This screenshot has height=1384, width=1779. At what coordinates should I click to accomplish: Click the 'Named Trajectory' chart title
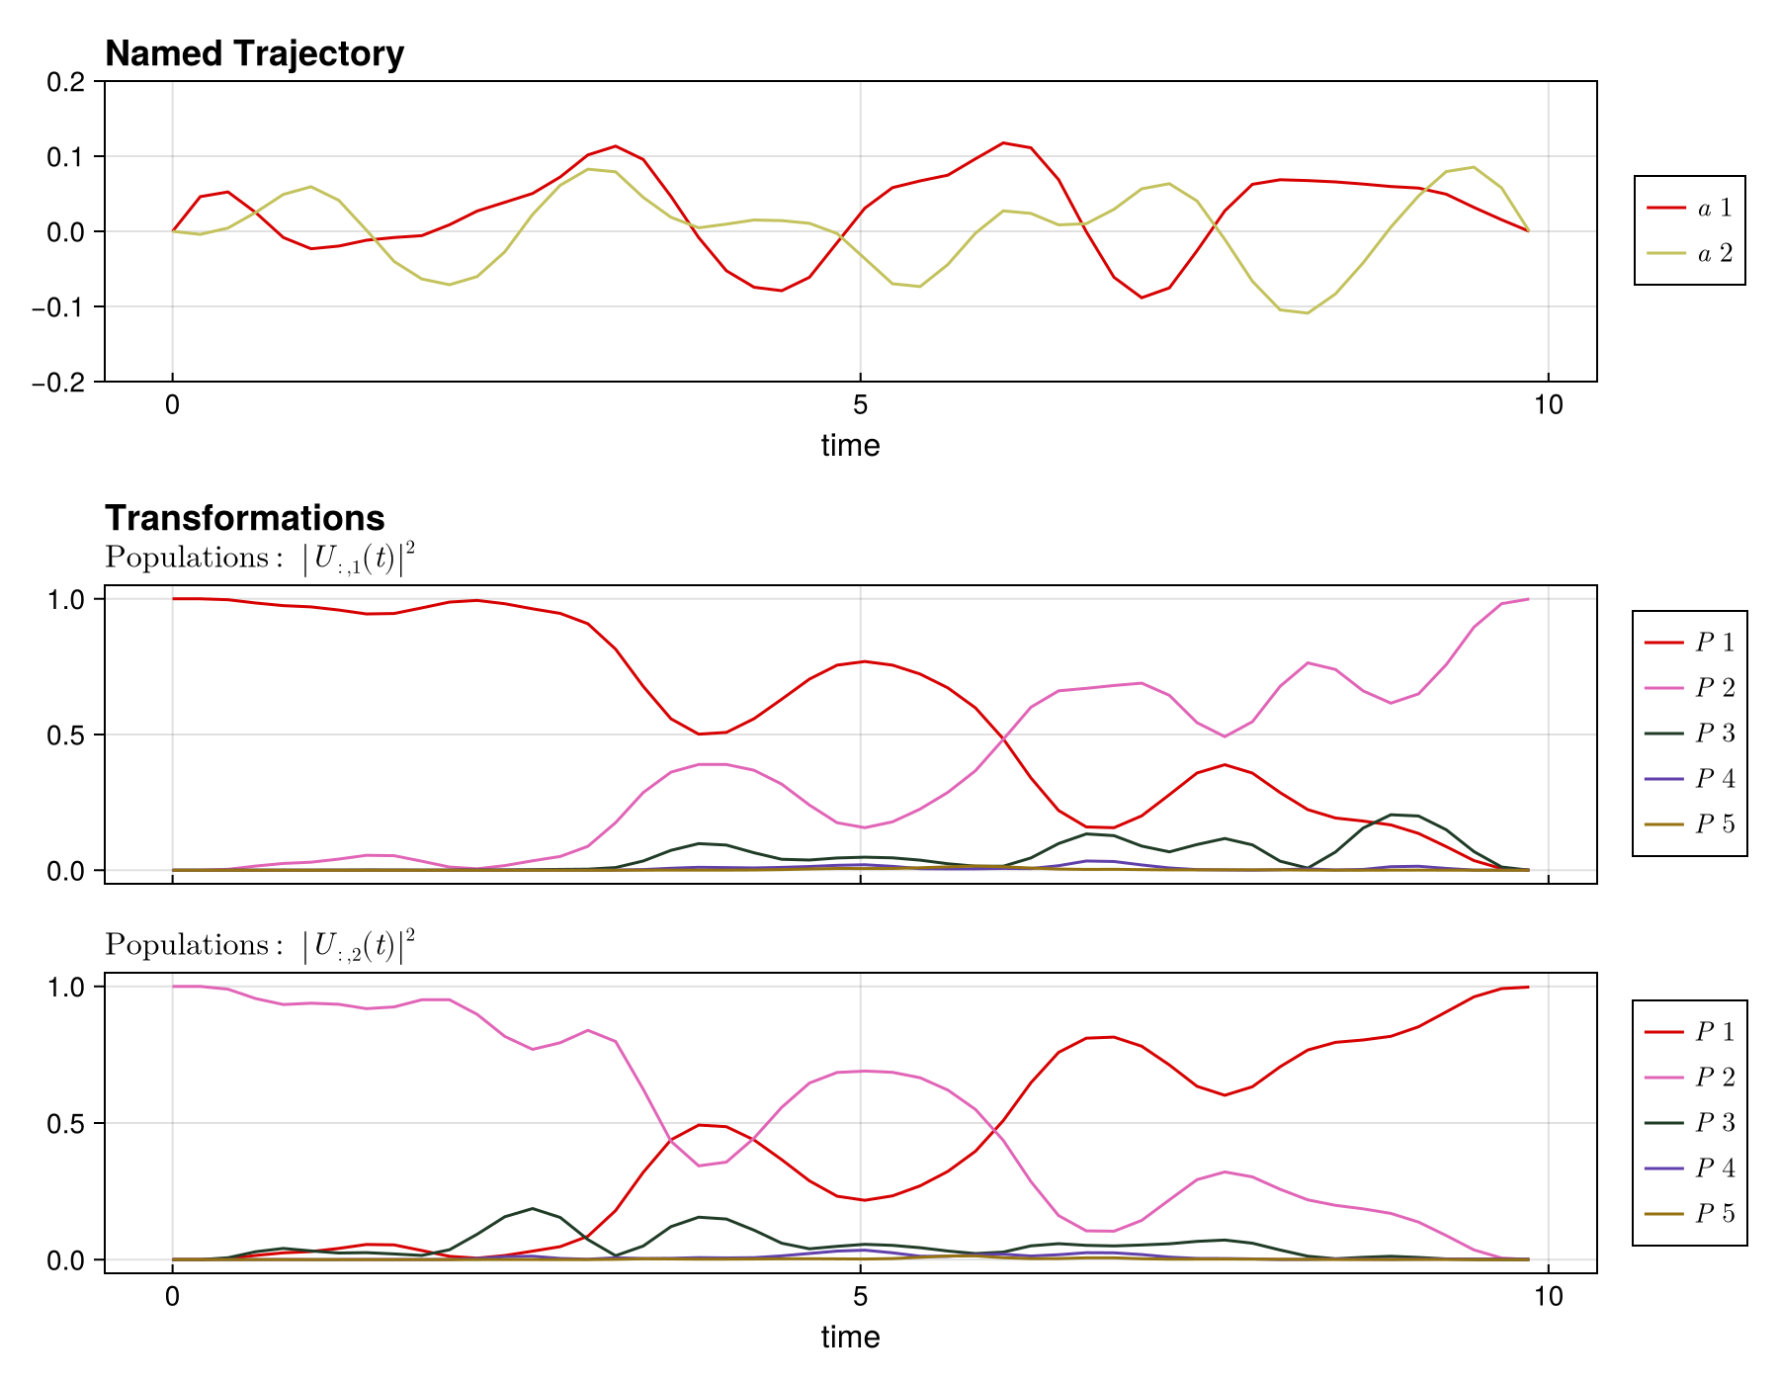pos(254,53)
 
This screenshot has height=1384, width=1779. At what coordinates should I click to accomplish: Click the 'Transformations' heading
pos(244,518)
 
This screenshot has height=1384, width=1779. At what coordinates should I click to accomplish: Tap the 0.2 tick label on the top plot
pos(66,82)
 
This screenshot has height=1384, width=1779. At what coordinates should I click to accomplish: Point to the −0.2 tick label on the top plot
pos(59,383)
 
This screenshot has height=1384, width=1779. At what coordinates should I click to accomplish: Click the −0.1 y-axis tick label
pos(59,307)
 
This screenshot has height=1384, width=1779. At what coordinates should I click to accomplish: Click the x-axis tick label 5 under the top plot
pos(860,405)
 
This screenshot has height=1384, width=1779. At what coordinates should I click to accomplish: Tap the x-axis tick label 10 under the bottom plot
pos(1548,1297)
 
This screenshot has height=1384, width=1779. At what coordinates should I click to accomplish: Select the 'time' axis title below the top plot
pos(850,446)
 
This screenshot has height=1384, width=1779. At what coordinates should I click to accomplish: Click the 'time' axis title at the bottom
pos(850,1338)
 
